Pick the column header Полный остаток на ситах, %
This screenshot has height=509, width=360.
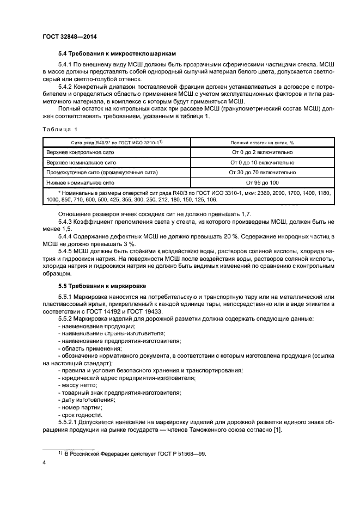263,142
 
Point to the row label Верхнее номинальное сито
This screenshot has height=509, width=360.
81,162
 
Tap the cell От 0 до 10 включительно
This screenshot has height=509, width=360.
263,162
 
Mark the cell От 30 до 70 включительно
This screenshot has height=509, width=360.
263,172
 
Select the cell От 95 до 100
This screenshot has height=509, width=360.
263,182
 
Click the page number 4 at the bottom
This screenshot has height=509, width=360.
45,462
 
